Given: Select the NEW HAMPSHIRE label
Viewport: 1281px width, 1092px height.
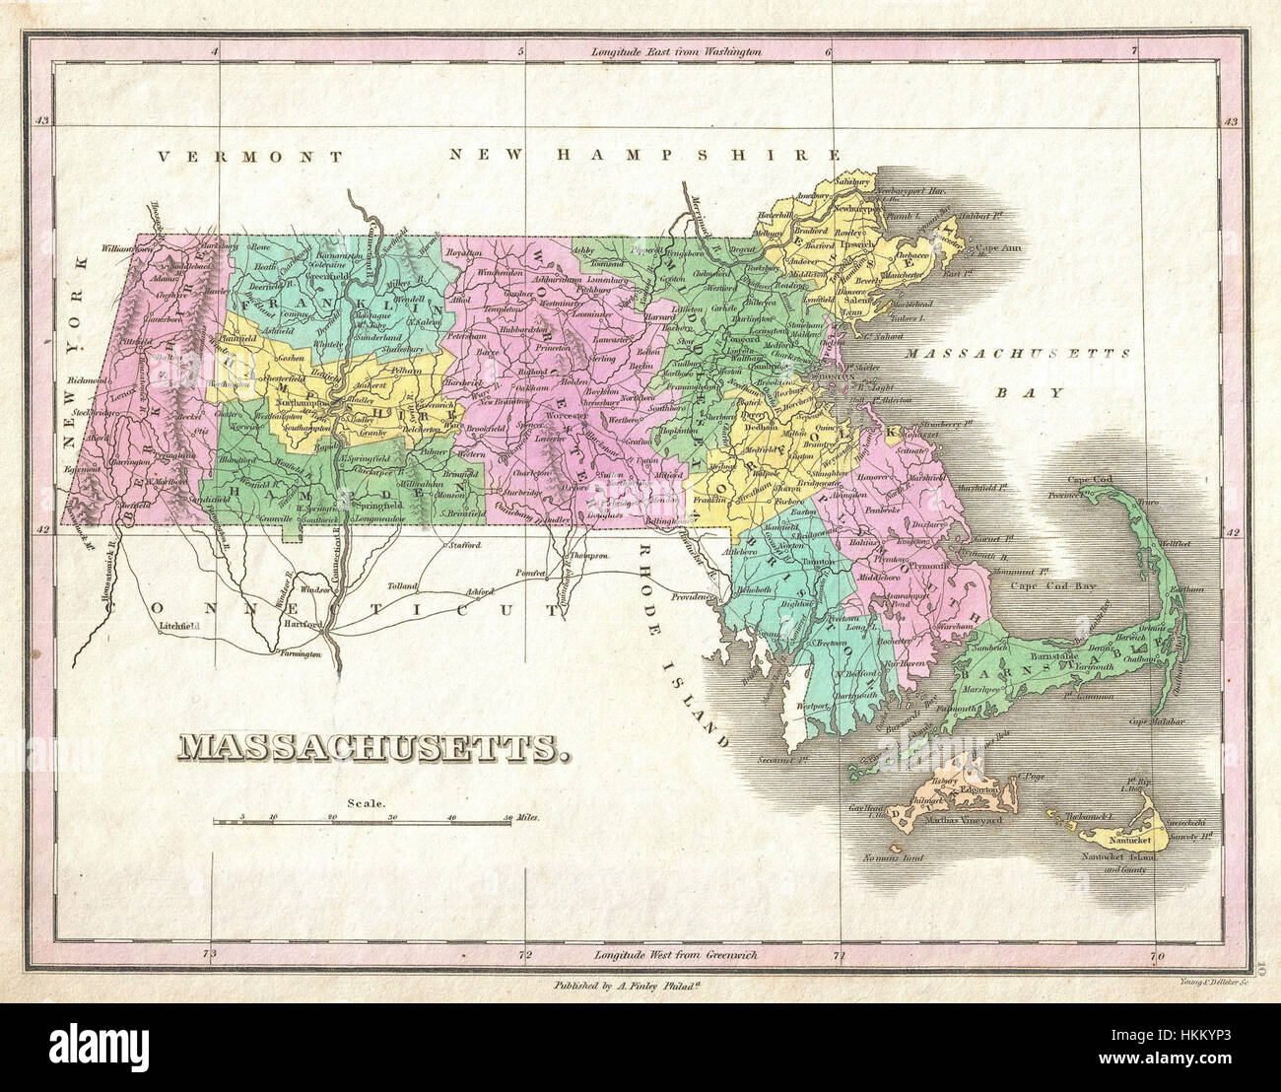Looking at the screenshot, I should (x=646, y=155).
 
